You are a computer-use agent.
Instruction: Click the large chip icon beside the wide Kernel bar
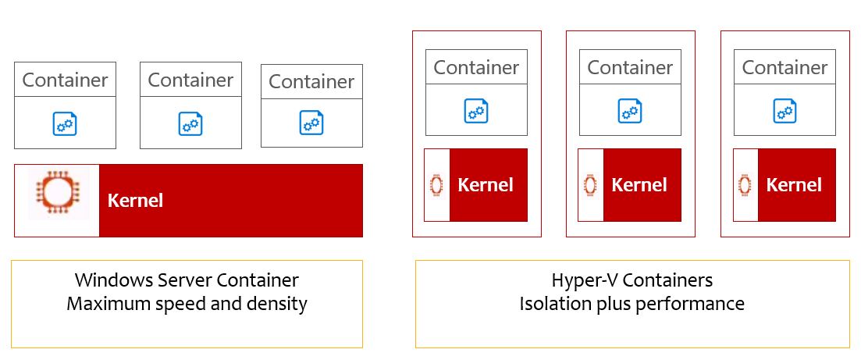(59, 192)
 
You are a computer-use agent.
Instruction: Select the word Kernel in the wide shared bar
(135, 200)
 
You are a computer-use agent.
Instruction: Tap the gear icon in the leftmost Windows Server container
(65, 123)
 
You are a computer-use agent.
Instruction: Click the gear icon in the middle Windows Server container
(190, 123)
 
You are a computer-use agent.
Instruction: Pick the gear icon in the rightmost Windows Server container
(311, 123)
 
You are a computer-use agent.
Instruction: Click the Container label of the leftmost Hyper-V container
(476, 68)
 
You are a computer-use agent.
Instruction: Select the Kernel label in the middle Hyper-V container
(639, 184)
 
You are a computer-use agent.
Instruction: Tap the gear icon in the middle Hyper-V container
(630, 110)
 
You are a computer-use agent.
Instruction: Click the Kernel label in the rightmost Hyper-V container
(794, 184)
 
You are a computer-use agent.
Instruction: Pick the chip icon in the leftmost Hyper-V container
(436, 185)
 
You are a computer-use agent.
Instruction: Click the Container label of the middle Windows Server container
(190, 80)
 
